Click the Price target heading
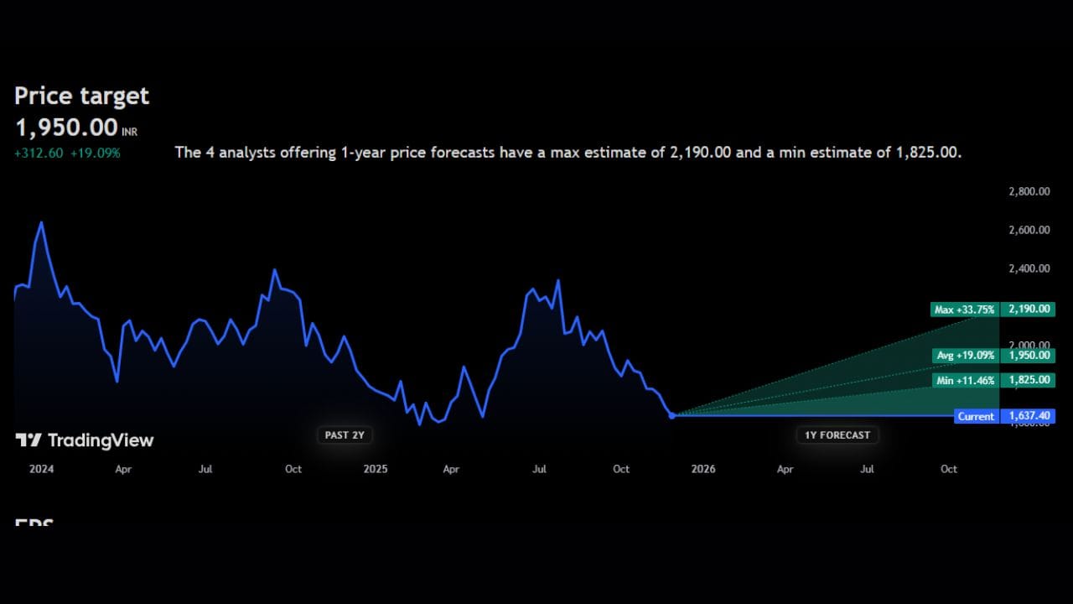(x=81, y=96)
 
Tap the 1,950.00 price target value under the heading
(x=66, y=128)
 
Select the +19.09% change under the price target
(x=95, y=153)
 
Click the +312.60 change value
(x=39, y=153)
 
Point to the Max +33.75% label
(x=965, y=310)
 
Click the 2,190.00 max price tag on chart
(x=1028, y=310)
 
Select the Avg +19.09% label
(x=965, y=356)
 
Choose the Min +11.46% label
(x=965, y=380)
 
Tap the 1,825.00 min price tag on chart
(x=1028, y=380)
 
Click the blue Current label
(x=976, y=416)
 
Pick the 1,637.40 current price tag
(x=1028, y=416)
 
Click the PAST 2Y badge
(x=345, y=435)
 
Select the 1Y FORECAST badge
(x=837, y=435)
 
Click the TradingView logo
(x=85, y=440)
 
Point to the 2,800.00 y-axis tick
(x=1029, y=191)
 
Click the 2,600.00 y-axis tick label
(x=1029, y=230)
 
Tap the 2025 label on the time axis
(x=376, y=469)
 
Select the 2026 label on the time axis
(x=703, y=469)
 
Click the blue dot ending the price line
(x=671, y=415)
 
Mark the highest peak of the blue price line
(x=41, y=222)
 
